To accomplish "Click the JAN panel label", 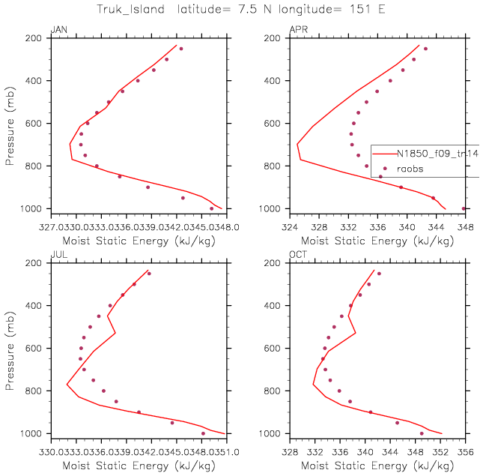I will pyautogui.click(x=58, y=30).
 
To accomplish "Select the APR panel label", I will pyautogui.click(x=299, y=30).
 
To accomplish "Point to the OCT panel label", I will pyautogui.click(x=299, y=256).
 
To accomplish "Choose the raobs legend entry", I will pyautogui.click(x=410, y=169).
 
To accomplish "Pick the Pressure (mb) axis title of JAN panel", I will pyautogui.click(x=10, y=123).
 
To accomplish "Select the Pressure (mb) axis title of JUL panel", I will pyautogui.click(x=10, y=349).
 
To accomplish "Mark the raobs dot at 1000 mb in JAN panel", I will pyautogui.click(x=212, y=208).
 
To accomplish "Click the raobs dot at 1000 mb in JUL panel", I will pyautogui.click(x=203, y=433).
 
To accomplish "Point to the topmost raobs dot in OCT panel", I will pyautogui.click(x=380, y=274).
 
